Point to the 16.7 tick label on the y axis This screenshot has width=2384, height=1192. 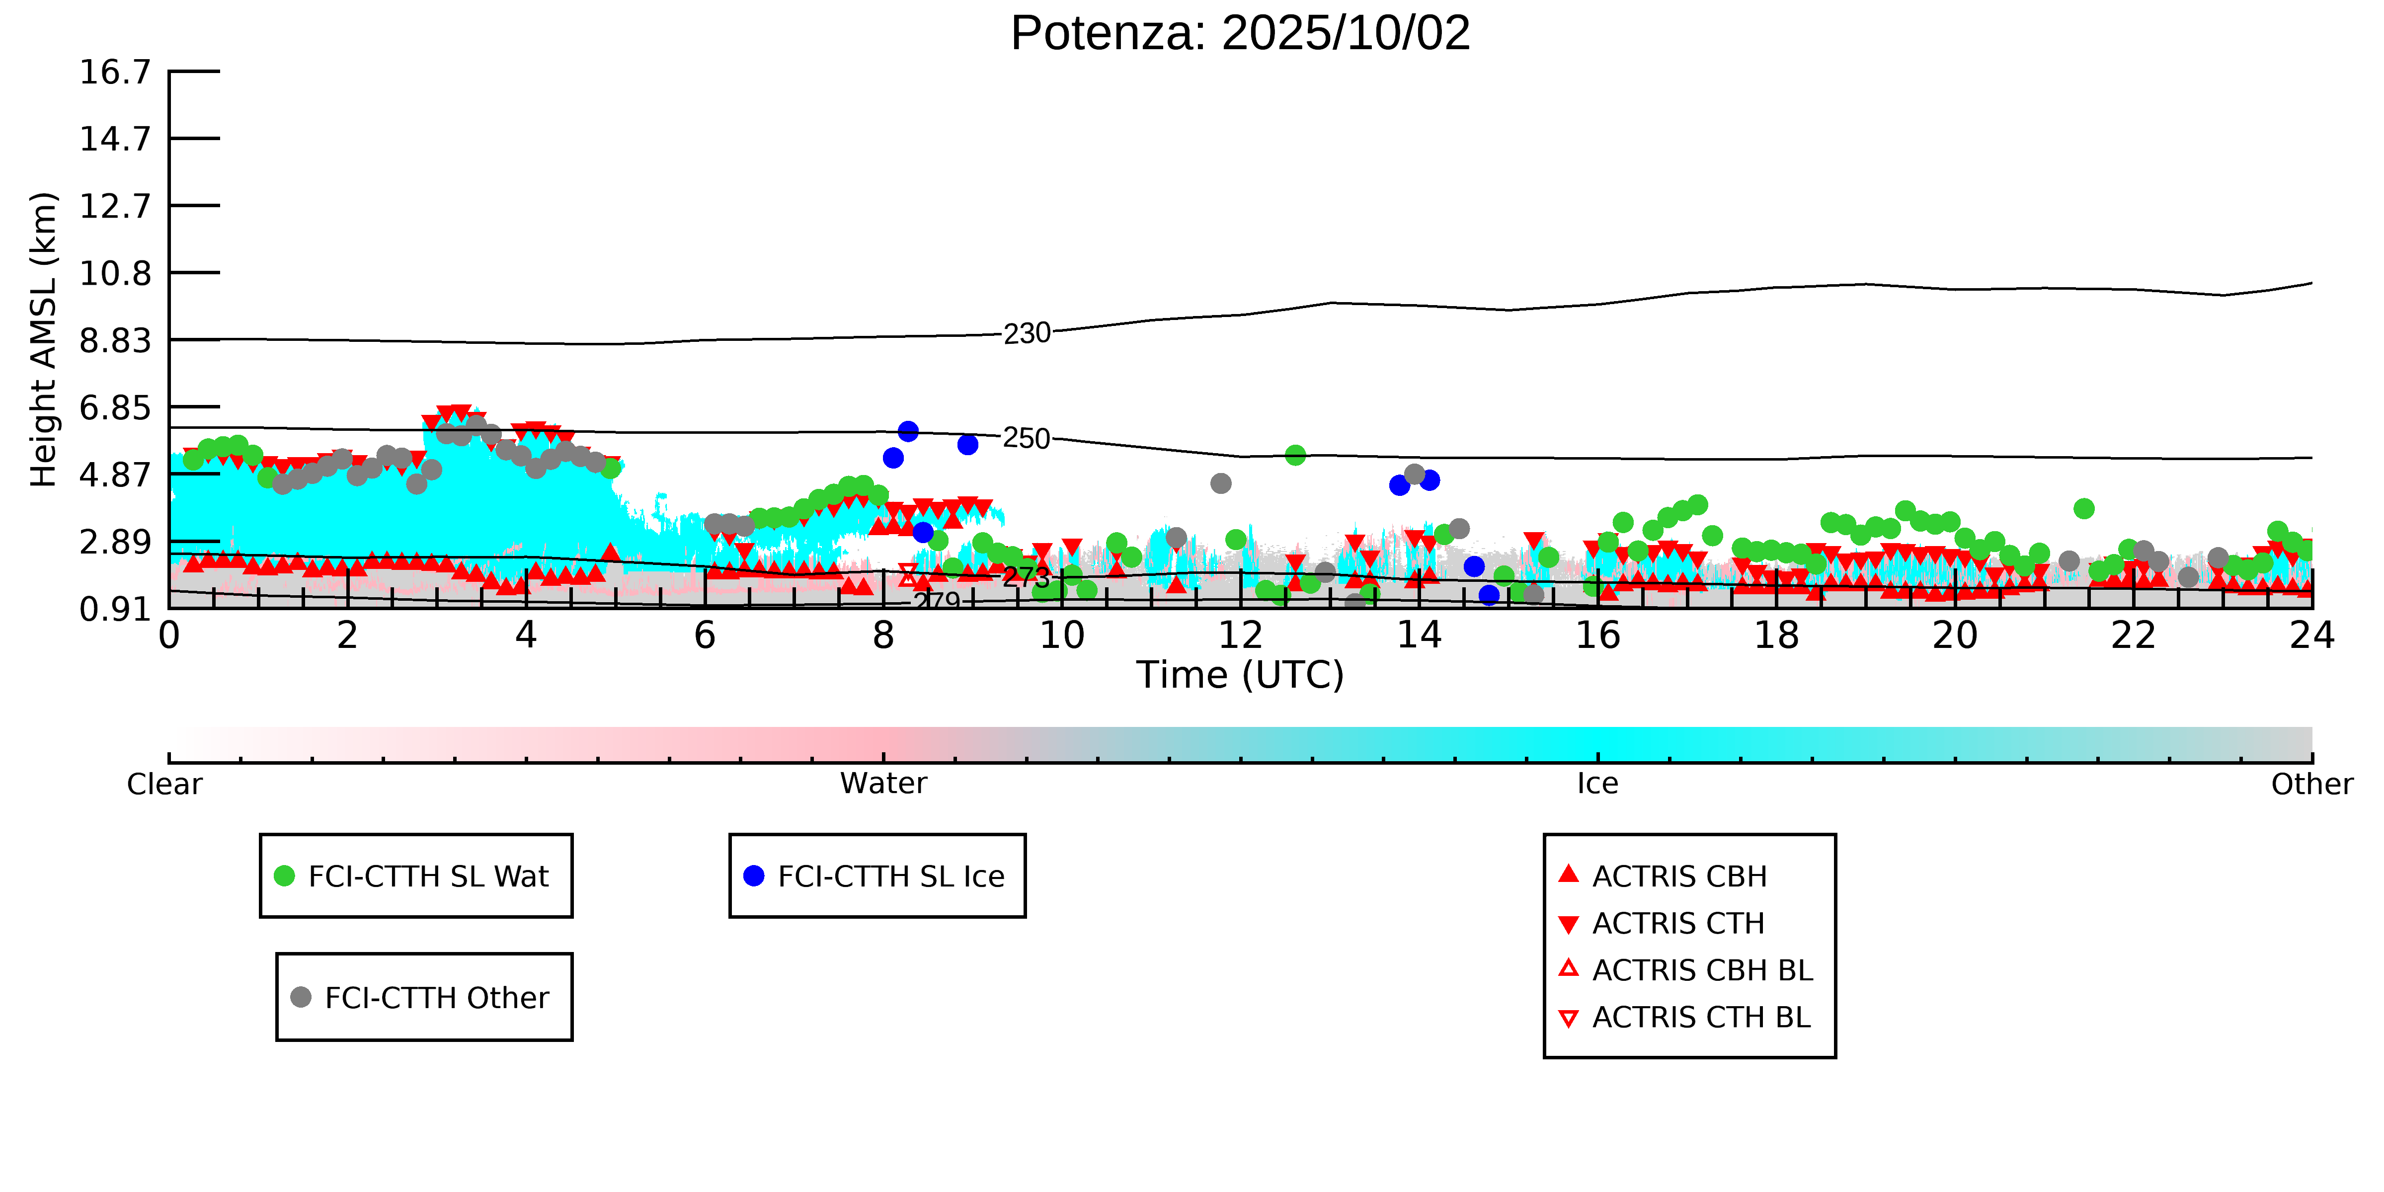pyautogui.click(x=115, y=72)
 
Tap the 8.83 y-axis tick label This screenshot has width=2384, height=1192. pyautogui.click(x=115, y=340)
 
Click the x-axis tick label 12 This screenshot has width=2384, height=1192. pyautogui.click(x=1240, y=636)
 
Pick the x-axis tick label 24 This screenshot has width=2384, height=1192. pyautogui.click(x=2311, y=636)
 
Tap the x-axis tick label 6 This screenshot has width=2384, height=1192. pyautogui.click(x=704, y=636)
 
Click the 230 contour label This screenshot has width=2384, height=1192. pyautogui.click(x=1027, y=333)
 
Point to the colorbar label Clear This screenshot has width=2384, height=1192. pyautogui.click(x=165, y=784)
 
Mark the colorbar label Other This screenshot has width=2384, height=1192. pyautogui.click(x=2311, y=784)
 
